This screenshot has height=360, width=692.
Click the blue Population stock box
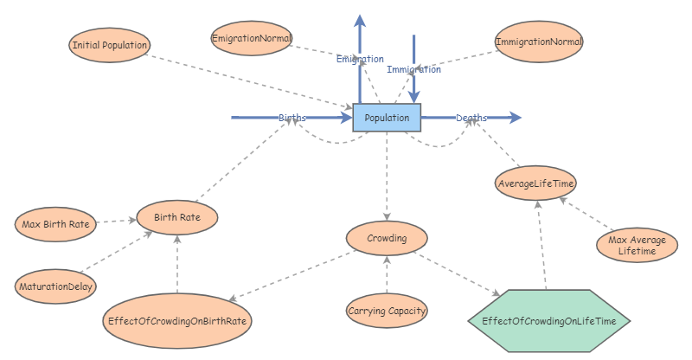click(387, 117)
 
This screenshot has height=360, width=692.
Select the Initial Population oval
click(110, 45)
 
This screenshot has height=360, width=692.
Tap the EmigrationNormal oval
click(252, 38)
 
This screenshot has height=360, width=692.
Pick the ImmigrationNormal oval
click(540, 42)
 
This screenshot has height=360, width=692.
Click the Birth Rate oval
click(177, 217)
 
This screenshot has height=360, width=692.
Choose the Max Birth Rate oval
click(55, 225)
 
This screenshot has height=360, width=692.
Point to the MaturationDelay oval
click(55, 286)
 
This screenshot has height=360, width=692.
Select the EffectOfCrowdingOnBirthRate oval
click(177, 320)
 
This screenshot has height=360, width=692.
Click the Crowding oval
click(387, 236)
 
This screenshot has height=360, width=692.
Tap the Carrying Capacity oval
click(387, 310)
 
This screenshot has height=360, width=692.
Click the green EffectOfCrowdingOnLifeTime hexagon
click(548, 320)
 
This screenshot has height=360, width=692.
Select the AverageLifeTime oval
click(536, 183)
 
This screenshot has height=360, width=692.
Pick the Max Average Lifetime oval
click(638, 245)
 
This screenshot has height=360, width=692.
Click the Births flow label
click(292, 117)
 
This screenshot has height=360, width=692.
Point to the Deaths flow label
click(471, 117)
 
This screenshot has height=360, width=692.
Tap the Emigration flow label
click(359, 59)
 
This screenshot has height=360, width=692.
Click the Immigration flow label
click(414, 69)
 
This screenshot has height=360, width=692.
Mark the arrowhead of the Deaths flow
click(516, 117)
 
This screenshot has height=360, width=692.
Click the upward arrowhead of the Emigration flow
click(359, 19)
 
